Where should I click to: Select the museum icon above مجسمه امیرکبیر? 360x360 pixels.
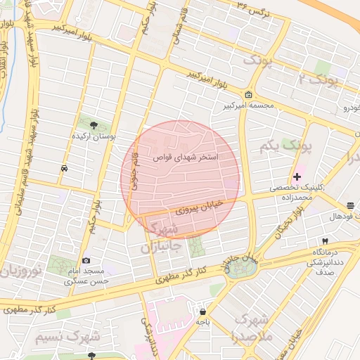coord(248,95)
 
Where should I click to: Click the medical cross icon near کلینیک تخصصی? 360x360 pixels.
coord(297,176)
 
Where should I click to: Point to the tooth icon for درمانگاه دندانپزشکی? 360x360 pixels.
coord(325,241)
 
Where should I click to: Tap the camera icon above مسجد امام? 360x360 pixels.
coord(86,260)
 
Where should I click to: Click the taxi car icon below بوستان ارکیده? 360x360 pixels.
coord(64,168)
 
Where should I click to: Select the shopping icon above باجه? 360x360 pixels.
coord(202,311)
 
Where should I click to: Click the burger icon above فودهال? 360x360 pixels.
coord(350,205)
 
